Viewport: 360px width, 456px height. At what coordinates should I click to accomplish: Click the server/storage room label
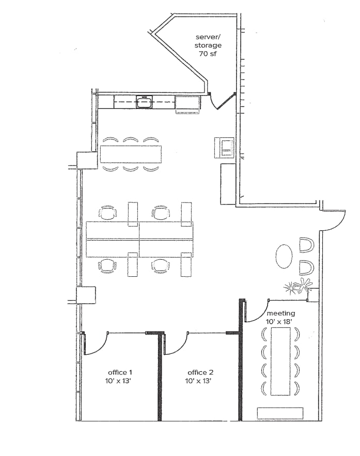[x=208, y=41]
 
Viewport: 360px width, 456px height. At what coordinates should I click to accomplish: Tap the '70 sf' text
[x=208, y=54]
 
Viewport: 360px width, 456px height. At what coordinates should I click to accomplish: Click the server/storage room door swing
[x=223, y=102]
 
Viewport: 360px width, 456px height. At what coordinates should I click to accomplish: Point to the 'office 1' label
[x=120, y=372]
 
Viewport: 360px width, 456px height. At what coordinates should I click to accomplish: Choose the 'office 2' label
[x=199, y=372]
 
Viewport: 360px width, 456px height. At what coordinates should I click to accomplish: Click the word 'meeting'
[x=280, y=313]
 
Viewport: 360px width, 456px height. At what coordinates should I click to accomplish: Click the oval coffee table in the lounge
[x=284, y=256]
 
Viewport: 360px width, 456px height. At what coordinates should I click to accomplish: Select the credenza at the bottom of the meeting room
[x=280, y=413]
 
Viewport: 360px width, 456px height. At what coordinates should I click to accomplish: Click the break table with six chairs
[x=131, y=154]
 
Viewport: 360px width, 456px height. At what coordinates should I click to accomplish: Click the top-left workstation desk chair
[x=108, y=212]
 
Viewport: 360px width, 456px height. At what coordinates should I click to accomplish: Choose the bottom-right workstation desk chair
[x=161, y=265]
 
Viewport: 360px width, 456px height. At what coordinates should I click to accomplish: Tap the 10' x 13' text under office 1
[x=120, y=381]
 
